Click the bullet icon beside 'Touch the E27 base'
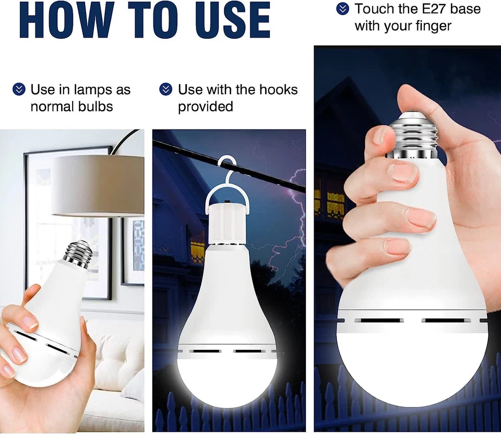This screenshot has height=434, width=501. tap(342, 9)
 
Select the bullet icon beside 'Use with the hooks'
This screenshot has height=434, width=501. tap(165, 89)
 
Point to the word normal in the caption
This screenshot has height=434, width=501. tap(54, 107)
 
